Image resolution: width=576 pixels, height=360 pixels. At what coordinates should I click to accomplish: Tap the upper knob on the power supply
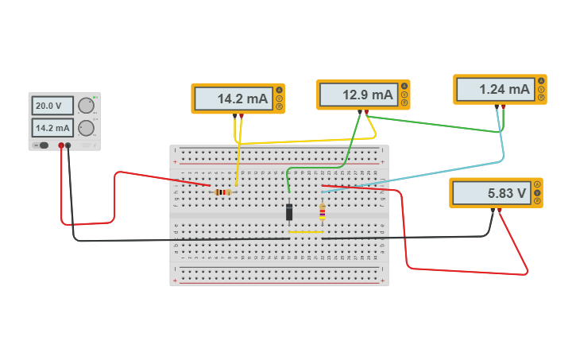[x=86, y=106]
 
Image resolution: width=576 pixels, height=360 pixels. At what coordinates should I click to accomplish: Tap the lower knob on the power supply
[x=86, y=128]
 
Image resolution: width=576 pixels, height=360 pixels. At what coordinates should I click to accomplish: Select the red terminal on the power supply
[x=61, y=145]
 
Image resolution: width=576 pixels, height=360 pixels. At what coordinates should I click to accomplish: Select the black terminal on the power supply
[x=68, y=145]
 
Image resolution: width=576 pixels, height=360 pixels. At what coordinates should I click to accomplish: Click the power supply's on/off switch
[x=43, y=145]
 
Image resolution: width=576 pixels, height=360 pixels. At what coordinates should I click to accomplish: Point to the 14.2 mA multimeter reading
[x=232, y=99]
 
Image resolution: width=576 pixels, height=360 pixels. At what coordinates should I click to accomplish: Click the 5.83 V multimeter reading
[x=490, y=193]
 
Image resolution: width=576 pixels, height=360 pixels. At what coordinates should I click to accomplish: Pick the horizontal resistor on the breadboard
[x=223, y=192]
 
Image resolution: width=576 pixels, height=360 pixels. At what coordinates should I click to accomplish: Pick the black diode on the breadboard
[x=289, y=212]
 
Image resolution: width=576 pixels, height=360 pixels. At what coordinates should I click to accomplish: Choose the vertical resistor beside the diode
[x=322, y=211]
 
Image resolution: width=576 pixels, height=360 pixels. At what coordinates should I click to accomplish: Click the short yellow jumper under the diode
[x=305, y=232]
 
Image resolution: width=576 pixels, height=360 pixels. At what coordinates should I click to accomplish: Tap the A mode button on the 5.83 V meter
[x=538, y=184]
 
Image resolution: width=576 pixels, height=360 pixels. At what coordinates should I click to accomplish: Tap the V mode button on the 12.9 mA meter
[x=404, y=95]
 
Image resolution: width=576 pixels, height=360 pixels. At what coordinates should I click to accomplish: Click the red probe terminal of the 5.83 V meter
[x=500, y=210]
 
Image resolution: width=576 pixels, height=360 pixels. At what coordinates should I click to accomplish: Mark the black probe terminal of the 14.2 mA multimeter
[x=234, y=115]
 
